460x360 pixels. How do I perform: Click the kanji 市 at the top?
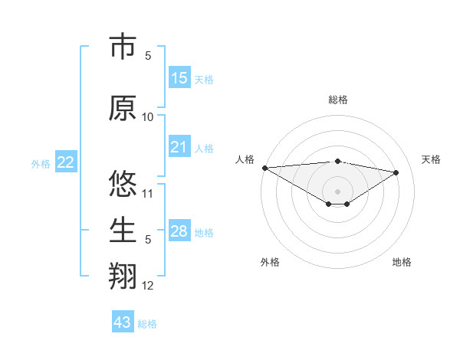pyautogui.click(x=123, y=47)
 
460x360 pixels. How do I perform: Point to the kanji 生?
pyautogui.click(x=123, y=230)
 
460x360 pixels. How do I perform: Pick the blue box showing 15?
pyautogui.click(x=179, y=78)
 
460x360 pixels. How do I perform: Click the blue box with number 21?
pyautogui.click(x=179, y=147)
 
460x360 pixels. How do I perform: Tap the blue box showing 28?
pyautogui.click(x=179, y=231)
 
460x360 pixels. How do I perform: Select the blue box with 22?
pyautogui.click(x=65, y=162)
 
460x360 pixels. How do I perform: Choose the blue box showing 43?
pyautogui.click(x=123, y=322)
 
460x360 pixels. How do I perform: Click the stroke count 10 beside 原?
pyautogui.click(x=148, y=116)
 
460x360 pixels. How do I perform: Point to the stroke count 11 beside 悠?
pyautogui.click(x=148, y=193)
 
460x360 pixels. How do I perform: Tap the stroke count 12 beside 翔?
pyautogui.click(x=148, y=286)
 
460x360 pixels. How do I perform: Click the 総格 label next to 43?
pyautogui.click(x=147, y=324)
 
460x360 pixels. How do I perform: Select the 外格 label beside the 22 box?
pyautogui.click(x=41, y=164)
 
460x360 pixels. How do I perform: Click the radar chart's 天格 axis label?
pyautogui.click(x=431, y=159)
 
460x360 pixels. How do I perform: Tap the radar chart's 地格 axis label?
pyautogui.click(x=402, y=262)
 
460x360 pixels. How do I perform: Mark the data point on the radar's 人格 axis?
pyautogui.click(x=264, y=168)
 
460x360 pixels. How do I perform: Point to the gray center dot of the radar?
pyautogui.click(x=337, y=191)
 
